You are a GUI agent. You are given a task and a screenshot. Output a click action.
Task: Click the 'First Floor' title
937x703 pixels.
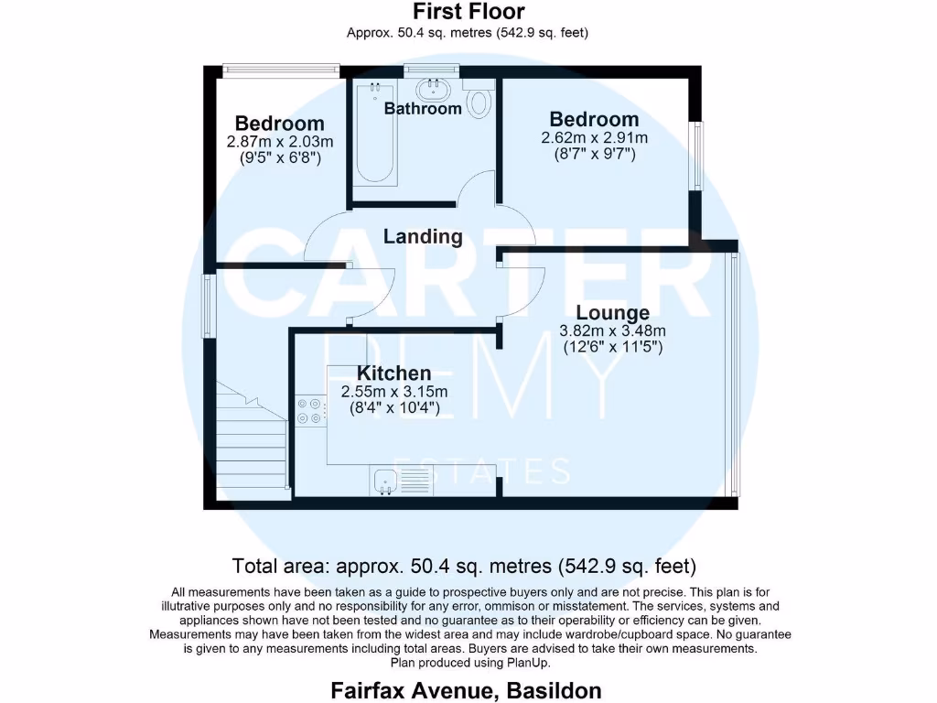click(x=468, y=12)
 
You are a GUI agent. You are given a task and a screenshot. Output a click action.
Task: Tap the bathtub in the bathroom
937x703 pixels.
click(x=375, y=133)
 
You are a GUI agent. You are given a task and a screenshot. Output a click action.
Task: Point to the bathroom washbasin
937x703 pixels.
click(x=431, y=89)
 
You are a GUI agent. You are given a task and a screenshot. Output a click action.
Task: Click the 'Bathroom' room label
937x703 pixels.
click(x=423, y=109)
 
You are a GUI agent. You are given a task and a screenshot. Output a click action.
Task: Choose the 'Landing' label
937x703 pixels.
click(x=423, y=236)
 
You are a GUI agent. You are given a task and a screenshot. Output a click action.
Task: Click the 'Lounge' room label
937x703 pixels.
click(x=612, y=314)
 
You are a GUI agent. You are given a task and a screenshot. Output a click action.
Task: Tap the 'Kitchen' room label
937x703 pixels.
click(x=393, y=373)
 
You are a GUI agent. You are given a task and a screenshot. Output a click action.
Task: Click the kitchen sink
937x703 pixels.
click(x=384, y=480)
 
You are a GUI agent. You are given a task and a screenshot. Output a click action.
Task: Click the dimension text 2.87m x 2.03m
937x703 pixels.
click(x=280, y=142)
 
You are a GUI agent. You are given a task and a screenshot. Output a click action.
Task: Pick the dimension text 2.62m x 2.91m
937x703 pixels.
click(x=594, y=138)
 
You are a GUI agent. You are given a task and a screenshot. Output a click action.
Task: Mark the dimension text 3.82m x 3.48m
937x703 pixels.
click(x=612, y=331)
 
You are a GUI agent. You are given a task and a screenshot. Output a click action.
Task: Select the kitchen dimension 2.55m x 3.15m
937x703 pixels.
click(x=393, y=392)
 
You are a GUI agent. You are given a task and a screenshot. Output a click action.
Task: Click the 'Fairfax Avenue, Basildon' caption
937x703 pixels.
click(x=467, y=689)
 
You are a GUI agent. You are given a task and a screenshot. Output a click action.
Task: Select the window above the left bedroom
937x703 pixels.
click(x=281, y=67)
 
